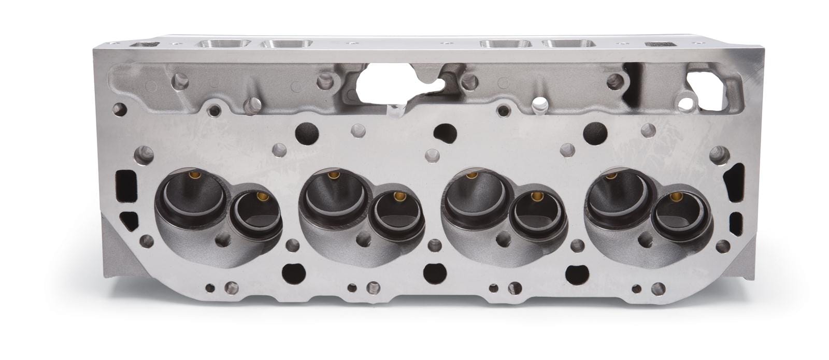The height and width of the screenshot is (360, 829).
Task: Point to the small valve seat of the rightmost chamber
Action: [x=675, y=218]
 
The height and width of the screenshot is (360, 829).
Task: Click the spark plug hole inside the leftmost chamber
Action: [x=224, y=239]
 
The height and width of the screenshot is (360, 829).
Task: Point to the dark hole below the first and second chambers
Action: [x=293, y=270]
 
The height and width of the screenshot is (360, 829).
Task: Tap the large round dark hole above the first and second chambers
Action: [x=304, y=133]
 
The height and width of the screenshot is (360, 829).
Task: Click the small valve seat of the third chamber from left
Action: [x=534, y=218]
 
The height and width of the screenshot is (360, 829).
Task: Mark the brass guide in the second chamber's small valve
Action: [x=398, y=196]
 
